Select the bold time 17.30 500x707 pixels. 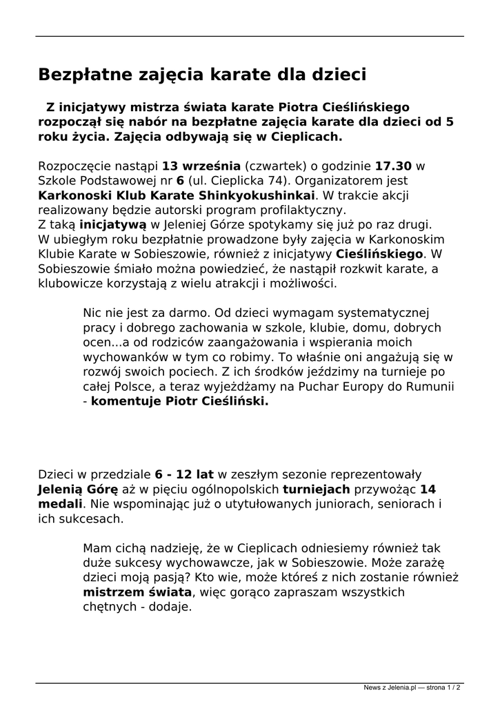click(x=393, y=166)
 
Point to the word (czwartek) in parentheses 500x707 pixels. click(x=276, y=166)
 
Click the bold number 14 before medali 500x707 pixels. click(x=428, y=489)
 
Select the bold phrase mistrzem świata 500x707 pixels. click(x=137, y=592)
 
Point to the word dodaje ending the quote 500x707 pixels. click(x=168, y=608)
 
